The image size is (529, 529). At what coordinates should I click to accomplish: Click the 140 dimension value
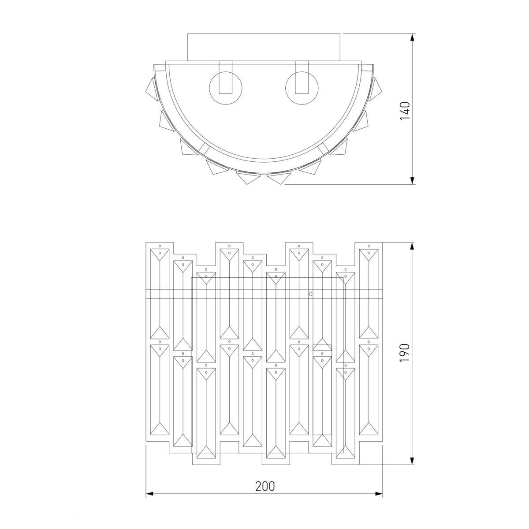pos(405,111)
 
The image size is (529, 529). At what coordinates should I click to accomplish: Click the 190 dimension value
pos(405,353)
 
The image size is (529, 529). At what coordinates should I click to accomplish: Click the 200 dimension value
pos(265,486)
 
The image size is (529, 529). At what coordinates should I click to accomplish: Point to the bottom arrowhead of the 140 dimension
pos(412,180)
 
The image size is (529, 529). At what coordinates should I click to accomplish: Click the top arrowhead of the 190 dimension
pos(412,246)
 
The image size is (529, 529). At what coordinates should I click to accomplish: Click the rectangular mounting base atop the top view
pos(264,47)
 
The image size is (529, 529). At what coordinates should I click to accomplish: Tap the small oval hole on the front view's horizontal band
pos(310,294)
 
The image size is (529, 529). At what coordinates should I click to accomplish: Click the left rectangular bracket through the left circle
pos(225,77)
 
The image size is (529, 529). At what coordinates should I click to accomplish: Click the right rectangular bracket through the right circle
pos(302,77)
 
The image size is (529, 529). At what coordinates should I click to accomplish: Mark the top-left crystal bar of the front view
pos(160,294)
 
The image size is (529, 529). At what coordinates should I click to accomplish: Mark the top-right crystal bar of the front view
pos(369,294)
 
